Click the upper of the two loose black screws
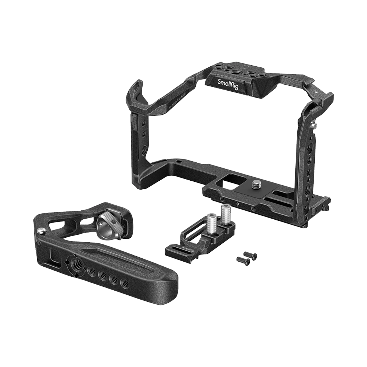(251, 256)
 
